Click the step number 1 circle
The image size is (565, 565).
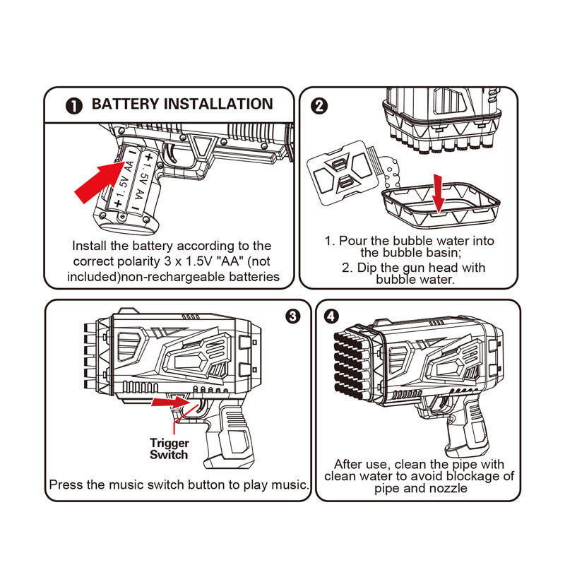(74, 106)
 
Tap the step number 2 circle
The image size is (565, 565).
(319, 106)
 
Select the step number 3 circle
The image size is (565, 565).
(292, 316)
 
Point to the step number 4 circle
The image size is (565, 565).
(331, 316)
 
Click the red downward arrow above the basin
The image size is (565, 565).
(438, 194)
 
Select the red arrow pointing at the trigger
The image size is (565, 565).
(170, 402)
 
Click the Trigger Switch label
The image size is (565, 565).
(169, 448)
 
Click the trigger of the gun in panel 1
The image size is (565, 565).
(172, 154)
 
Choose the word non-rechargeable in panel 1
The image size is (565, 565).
(174, 277)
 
